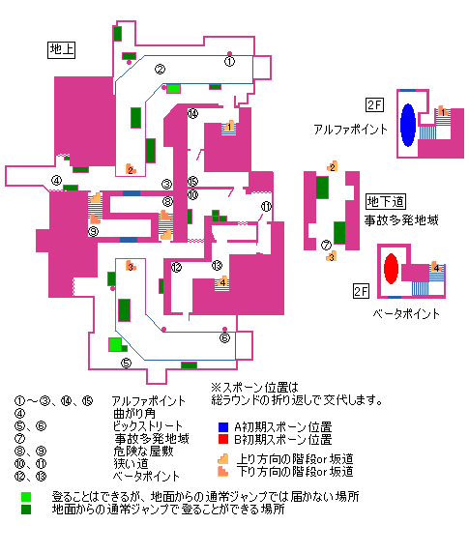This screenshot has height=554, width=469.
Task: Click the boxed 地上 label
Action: (x=61, y=49)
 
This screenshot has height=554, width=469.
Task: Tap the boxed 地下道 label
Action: (x=386, y=202)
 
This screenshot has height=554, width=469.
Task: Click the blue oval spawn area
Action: (x=408, y=125)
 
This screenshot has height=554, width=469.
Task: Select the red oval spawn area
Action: (x=391, y=269)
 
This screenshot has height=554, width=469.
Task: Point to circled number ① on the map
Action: (x=229, y=62)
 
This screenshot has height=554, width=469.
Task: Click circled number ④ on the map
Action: (x=56, y=180)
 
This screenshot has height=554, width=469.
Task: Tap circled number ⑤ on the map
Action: (x=126, y=363)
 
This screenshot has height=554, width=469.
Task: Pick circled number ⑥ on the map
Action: (x=224, y=338)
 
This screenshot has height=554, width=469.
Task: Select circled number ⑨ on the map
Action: (x=93, y=231)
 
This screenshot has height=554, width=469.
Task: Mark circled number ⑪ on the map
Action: (x=266, y=206)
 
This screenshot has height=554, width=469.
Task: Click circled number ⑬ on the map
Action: (x=217, y=265)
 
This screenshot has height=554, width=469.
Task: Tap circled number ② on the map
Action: (x=160, y=70)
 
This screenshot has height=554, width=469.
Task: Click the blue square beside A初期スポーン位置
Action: (x=223, y=427)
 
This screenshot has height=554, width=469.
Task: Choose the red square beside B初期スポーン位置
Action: (x=223, y=439)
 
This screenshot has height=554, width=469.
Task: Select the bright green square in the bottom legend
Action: (x=26, y=497)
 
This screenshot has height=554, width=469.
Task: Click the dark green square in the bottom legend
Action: (x=26, y=510)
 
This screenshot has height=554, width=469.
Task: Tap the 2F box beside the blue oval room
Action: (x=374, y=105)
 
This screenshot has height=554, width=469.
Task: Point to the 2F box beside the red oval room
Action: (x=362, y=291)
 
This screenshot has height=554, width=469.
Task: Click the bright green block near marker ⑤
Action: (x=115, y=344)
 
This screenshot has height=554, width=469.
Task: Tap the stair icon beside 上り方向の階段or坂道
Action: (x=223, y=459)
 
